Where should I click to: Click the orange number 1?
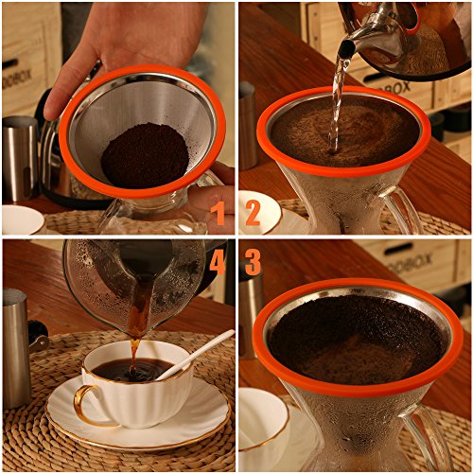coord(219,213)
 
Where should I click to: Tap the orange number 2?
coord(252,213)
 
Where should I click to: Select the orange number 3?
coord(253,261)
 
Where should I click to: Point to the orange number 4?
coord(218,261)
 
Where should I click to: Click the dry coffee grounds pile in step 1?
coord(145,154)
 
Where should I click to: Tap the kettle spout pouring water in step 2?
coord(346,47)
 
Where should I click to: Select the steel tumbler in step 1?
coord(20,156)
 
